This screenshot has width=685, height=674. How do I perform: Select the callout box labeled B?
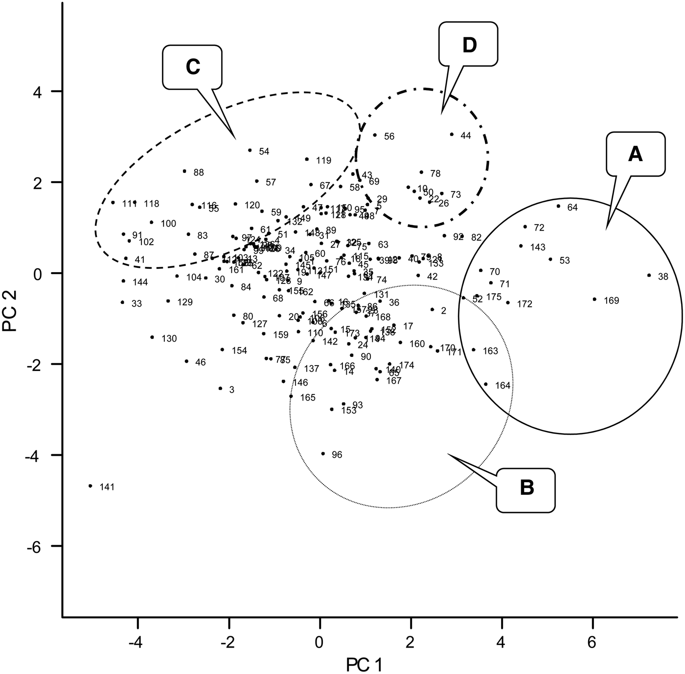(x=526, y=490)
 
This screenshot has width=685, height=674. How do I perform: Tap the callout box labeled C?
(x=193, y=67)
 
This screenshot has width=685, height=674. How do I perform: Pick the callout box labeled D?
(x=468, y=45)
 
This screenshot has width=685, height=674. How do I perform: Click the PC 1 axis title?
(x=365, y=664)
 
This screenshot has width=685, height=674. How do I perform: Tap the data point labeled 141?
(x=91, y=486)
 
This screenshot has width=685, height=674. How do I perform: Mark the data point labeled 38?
(x=649, y=275)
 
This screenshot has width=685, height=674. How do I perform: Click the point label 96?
(x=337, y=455)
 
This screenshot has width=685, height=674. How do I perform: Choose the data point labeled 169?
(x=594, y=299)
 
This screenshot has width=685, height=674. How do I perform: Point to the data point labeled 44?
(x=452, y=134)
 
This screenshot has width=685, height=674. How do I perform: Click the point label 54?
(x=264, y=152)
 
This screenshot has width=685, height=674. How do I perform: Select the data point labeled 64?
(x=558, y=206)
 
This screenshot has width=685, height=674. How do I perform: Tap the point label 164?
(x=502, y=385)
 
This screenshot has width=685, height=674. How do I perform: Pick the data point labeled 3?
(x=220, y=388)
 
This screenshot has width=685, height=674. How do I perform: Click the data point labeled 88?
(x=184, y=171)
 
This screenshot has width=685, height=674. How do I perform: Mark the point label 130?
(x=169, y=339)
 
